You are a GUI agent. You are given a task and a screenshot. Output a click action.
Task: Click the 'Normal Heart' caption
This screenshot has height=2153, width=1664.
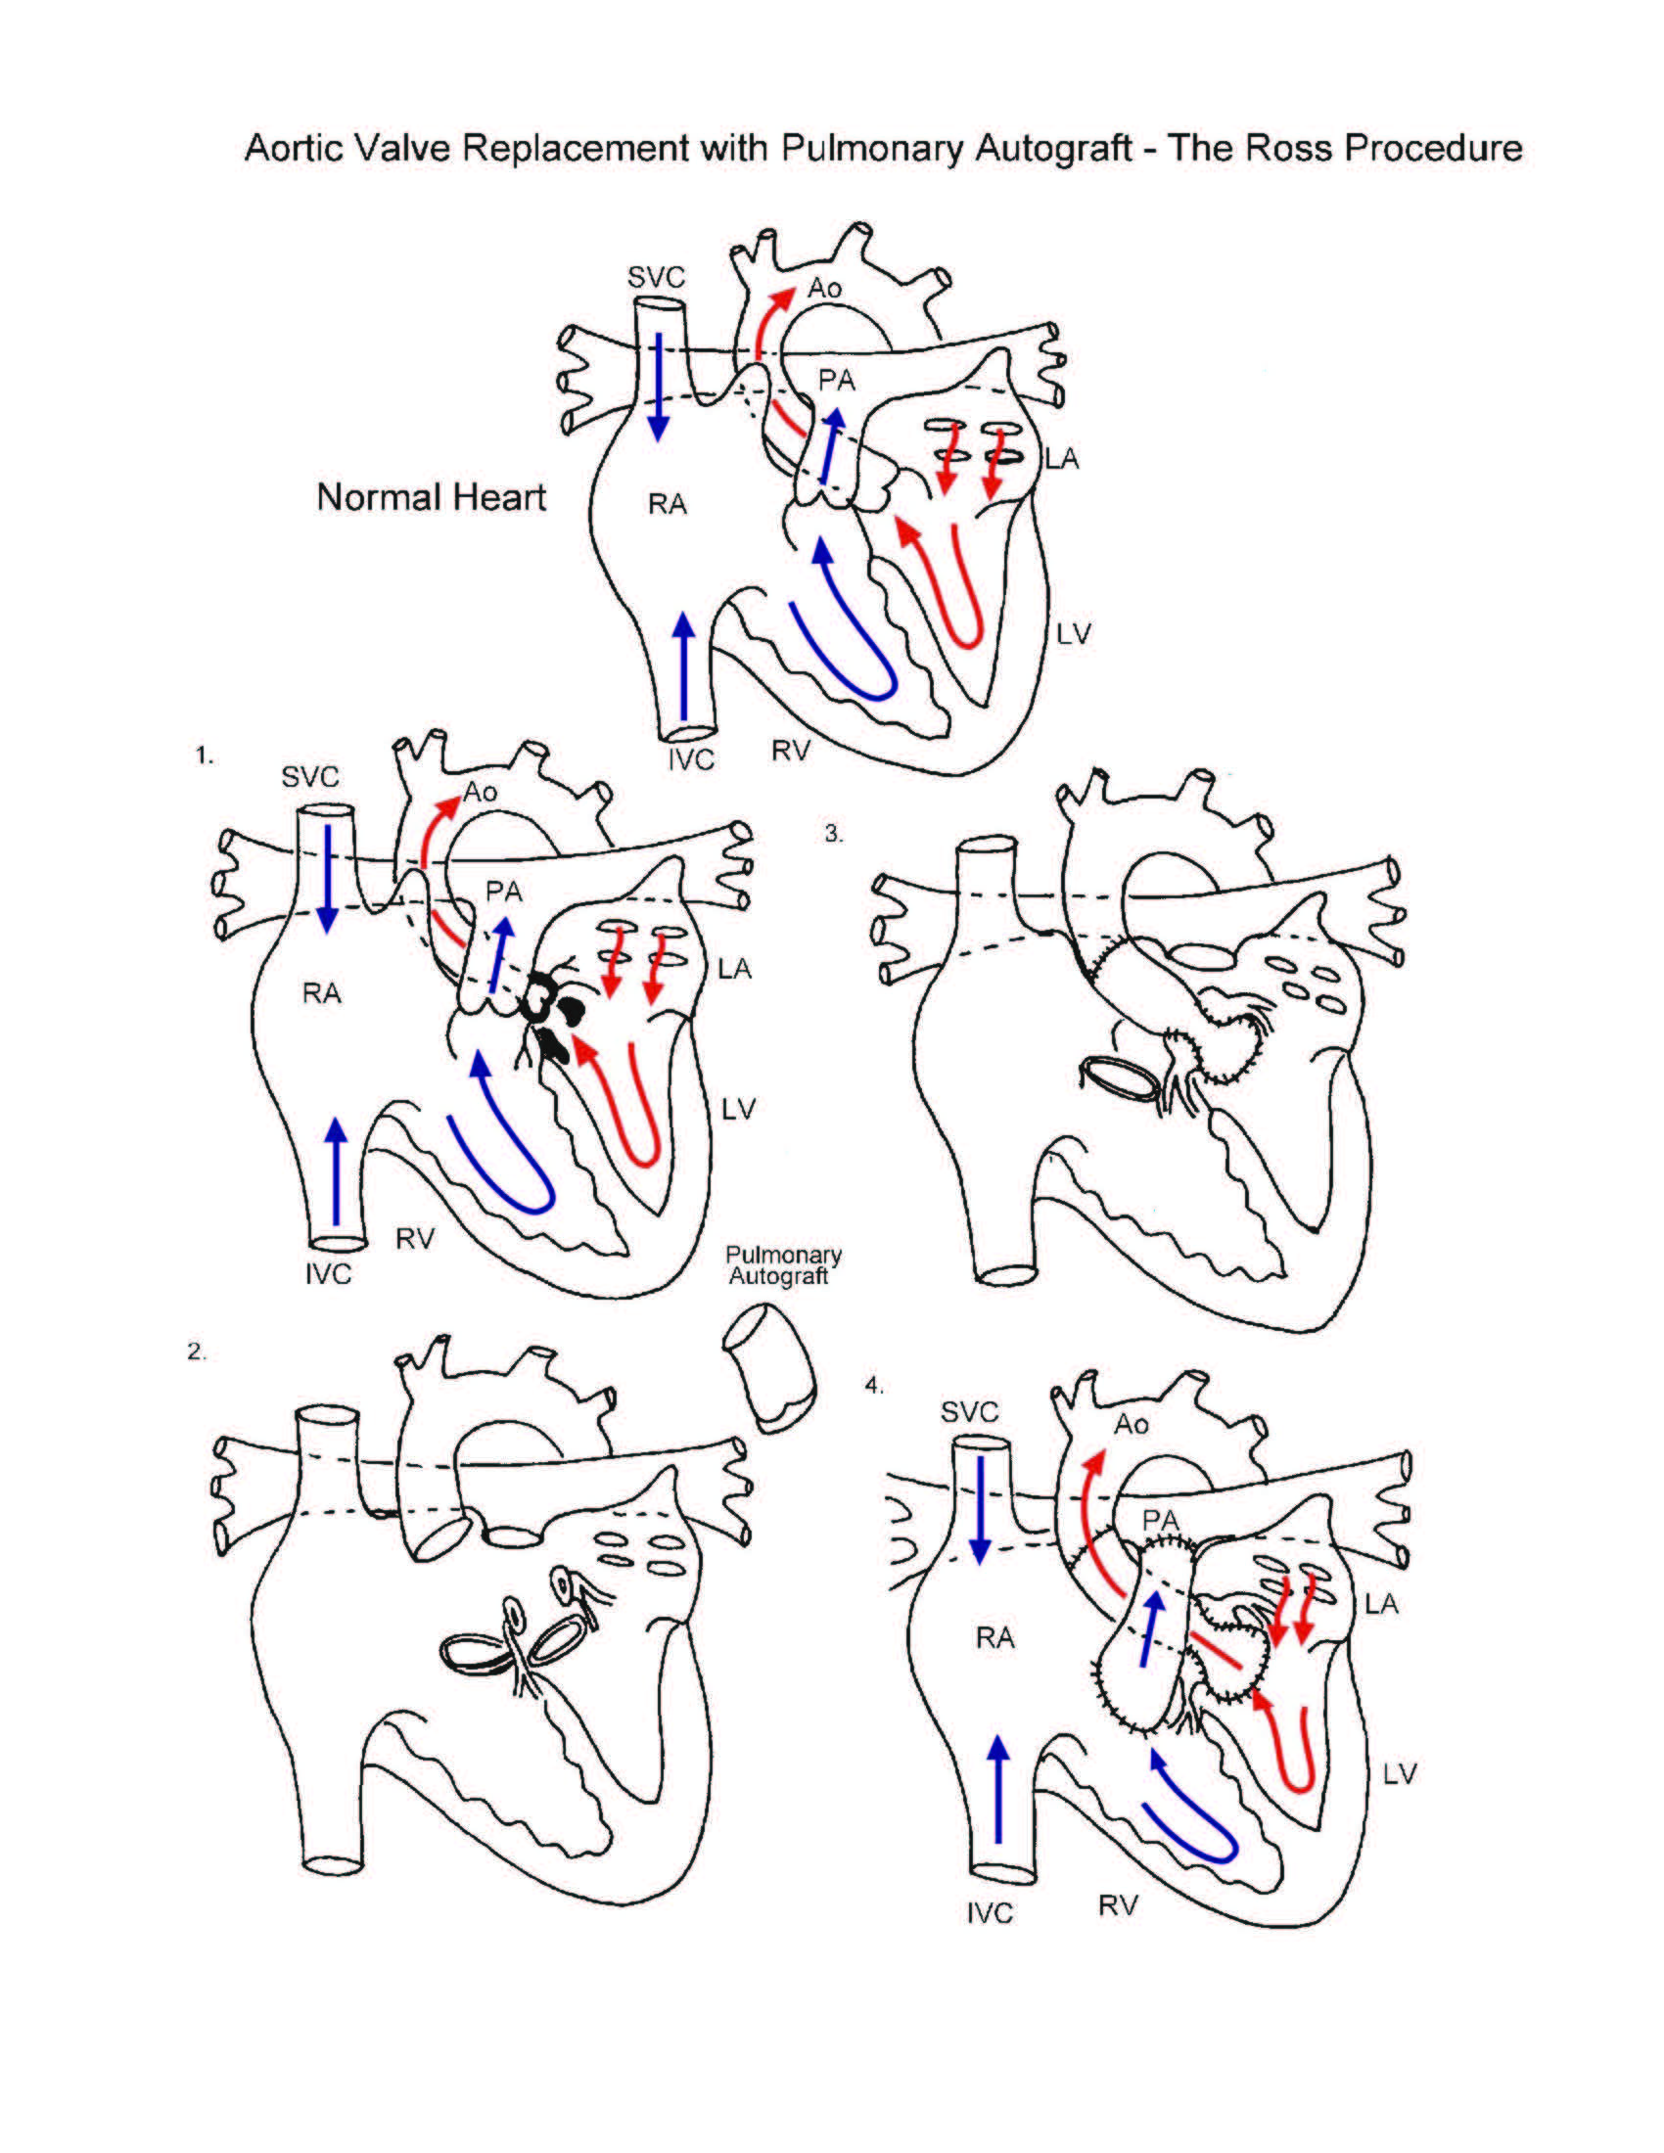click(431, 496)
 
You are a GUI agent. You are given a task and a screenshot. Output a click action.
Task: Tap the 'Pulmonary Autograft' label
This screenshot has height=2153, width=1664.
click(784, 1264)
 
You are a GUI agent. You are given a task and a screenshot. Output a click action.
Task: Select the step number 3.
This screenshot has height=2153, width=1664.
click(834, 834)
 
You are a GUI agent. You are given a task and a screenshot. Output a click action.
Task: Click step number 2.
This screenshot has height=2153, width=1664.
click(197, 1351)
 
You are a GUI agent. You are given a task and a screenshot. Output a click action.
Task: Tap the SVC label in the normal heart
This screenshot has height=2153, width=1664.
click(656, 278)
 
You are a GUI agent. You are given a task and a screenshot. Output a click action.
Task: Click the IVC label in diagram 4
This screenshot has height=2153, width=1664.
click(990, 1912)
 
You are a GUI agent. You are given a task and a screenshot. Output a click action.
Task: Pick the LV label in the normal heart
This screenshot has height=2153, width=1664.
click(1073, 634)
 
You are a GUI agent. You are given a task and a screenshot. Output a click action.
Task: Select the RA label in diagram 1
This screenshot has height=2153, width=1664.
click(321, 992)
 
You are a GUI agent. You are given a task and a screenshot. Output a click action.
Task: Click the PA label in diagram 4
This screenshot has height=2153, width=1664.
click(1160, 1521)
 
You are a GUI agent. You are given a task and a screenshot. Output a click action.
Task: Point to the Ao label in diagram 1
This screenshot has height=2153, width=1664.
click(480, 792)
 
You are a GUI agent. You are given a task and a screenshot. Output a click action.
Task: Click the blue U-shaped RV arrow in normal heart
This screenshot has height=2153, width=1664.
click(848, 631)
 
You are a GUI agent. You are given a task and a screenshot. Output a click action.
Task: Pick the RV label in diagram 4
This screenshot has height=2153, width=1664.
click(1118, 1905)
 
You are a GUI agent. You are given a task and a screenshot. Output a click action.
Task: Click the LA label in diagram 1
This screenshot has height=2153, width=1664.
click(734, 970)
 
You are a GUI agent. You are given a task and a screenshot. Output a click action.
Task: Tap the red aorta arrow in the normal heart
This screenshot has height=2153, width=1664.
click(764, 325)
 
